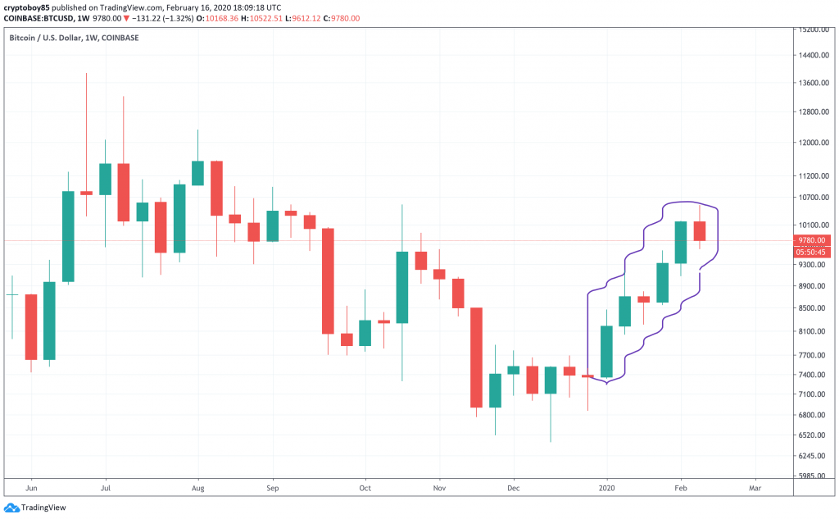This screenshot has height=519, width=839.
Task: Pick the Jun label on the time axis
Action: (31, 487)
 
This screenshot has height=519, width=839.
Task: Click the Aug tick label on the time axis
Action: (197, 487)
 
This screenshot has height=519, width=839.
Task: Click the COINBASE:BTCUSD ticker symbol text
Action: (37, 18)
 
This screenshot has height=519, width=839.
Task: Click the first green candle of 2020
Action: (607, 352)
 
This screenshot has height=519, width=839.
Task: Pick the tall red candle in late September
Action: (328, 280)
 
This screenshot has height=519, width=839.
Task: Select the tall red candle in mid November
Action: (476, 357)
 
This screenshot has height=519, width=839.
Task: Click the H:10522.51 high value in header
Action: (272, 18)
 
